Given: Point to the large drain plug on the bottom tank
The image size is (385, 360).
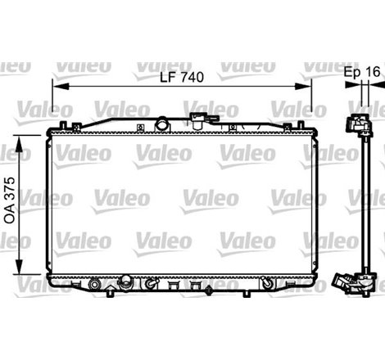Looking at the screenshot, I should (x=125, y=283).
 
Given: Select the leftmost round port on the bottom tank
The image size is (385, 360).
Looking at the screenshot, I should (x=95, y=285).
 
